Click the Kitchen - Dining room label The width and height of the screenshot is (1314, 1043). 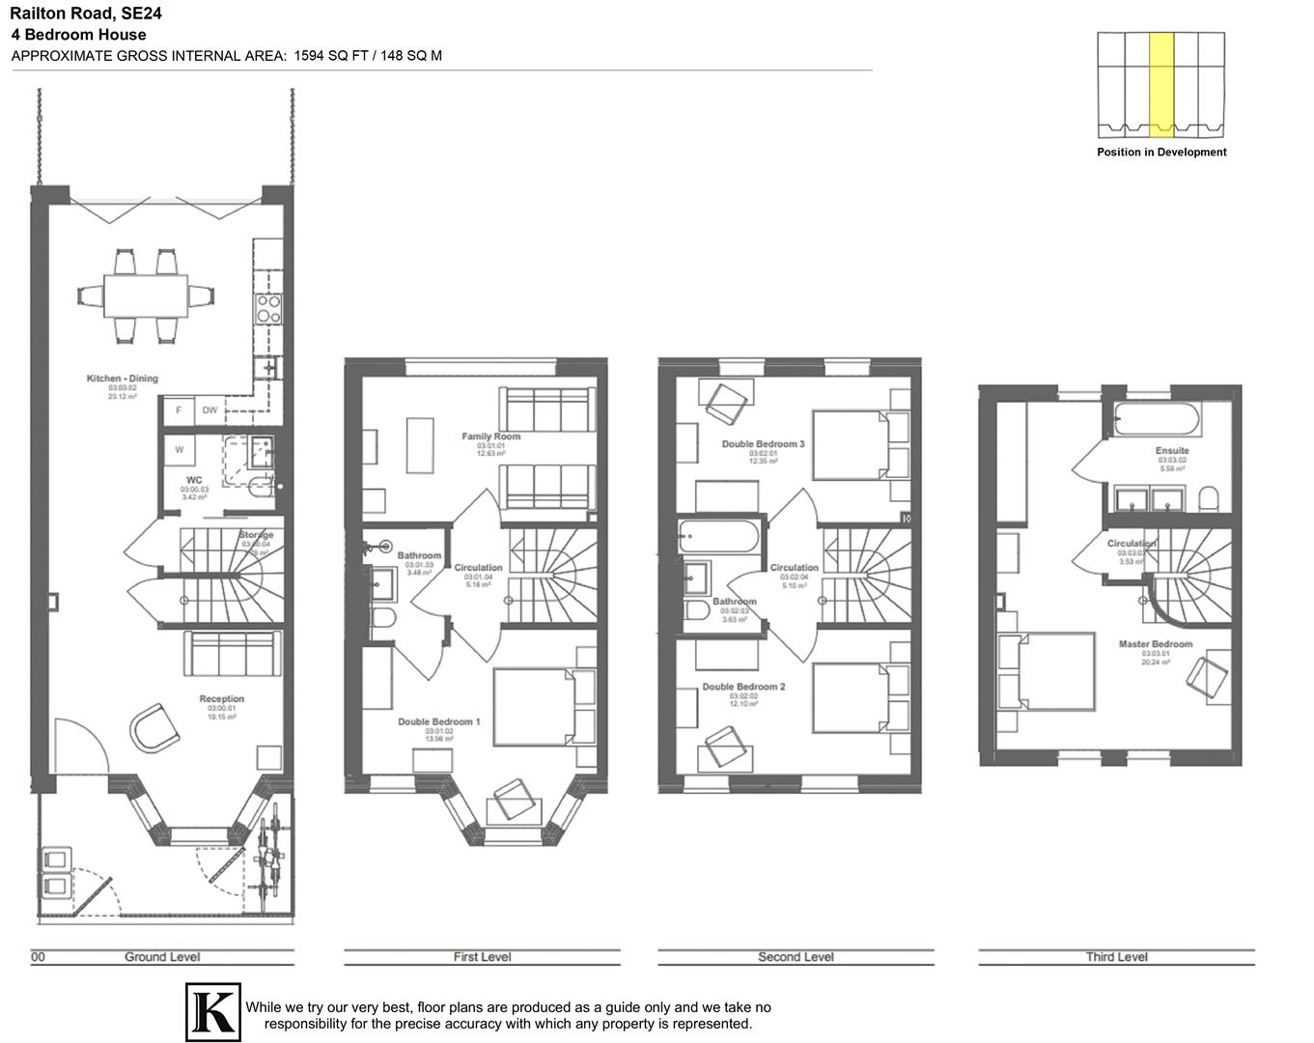pyautogui.click(x=123, y=379)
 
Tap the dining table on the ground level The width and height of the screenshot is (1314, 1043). pyautogui.click(x=146, y=295)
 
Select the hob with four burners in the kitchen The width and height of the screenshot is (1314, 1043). pyautogui.click(x=267, y=308)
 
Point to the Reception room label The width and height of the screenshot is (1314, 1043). pyautogui.click(x=221, y=698)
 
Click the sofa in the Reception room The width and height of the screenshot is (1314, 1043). pyautogui.click(x=232, y=654)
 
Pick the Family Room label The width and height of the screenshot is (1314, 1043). pyautogui.click(x=490, y=437)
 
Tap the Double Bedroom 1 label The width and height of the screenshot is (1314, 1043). pyautogui.click(x=438, y=721)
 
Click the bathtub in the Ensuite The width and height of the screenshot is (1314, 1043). pyautogui.click(x=1157, y=421)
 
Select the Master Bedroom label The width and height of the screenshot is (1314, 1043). pyautogui.click(x=1155, y=644)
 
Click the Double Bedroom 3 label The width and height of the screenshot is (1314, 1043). pyautogui.click(x=763, y=444)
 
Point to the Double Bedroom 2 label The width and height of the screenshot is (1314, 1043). pyautogui.click(x=743, y=687)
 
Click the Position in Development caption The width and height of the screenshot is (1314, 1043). pyautogui.click(x=1161, y=153)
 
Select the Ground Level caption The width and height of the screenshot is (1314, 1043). pyautogui.click(x=162, y=957)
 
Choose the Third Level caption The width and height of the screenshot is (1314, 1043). pyautogui.click(x=1116, y=957)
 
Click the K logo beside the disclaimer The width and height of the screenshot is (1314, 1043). pyautogui.click(x=212, y=1012)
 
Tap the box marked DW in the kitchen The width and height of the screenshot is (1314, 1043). pyautogui.click(x=210, y=410)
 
